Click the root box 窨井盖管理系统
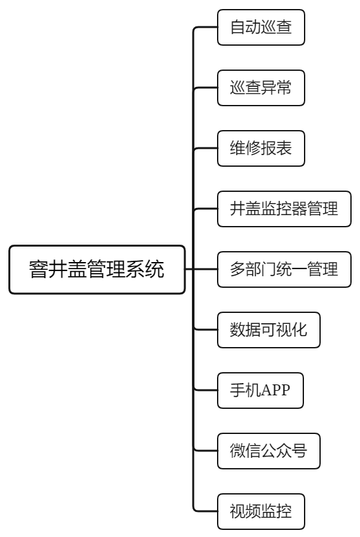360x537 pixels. coord(97,270)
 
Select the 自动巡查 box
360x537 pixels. coord(261,28)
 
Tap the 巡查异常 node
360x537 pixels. coord(261,88)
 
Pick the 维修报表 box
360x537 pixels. coord(261,148)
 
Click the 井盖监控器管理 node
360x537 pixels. coord(284,209)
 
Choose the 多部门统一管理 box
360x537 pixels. coord(284,270)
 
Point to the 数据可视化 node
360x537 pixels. coord(269,330)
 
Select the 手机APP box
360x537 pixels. coord(260,390)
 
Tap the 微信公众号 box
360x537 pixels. coord(269,451)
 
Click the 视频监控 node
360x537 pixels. coord(261,511)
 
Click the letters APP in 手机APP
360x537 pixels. coord(276,390)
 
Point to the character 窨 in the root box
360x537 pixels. coord(38,269)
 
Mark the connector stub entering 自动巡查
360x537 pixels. coord(205,27)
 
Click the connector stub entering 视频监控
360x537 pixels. coord(205,511)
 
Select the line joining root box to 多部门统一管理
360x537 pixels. coord(202,269)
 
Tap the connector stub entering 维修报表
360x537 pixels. coord(205,148)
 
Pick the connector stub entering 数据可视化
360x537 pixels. coord(205,330)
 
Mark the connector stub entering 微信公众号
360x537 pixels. coord(205,451)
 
